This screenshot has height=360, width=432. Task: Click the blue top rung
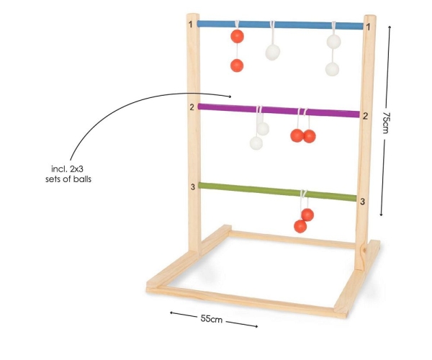(280, 24)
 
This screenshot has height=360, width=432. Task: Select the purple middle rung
(279, 110)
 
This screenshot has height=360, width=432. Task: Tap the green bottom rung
(277, 192)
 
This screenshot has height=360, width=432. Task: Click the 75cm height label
(386, 122)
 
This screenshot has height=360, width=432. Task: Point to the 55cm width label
(211, 319)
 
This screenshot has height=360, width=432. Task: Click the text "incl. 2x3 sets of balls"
(68, 174)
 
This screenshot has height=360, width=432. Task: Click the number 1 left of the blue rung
(191, 24)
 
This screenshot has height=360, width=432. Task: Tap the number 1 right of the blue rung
(369, 27)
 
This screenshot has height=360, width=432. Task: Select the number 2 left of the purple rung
(192, 107)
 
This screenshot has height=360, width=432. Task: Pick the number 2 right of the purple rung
(365, 116)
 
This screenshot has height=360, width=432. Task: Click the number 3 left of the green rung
(193, 186)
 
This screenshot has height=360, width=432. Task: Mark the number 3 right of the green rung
(363, 202)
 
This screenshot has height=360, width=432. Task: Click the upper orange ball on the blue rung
(237, 36)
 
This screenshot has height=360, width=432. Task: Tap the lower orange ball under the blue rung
(237, 66)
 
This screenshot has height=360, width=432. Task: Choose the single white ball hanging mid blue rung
(273, 53)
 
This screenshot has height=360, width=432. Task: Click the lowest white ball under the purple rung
(256, 143)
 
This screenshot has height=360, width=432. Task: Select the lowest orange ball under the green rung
(300, 226)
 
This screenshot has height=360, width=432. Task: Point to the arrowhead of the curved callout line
(230, 96)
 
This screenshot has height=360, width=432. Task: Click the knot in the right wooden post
(365, 250)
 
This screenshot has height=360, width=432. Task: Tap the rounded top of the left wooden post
(193, 15)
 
